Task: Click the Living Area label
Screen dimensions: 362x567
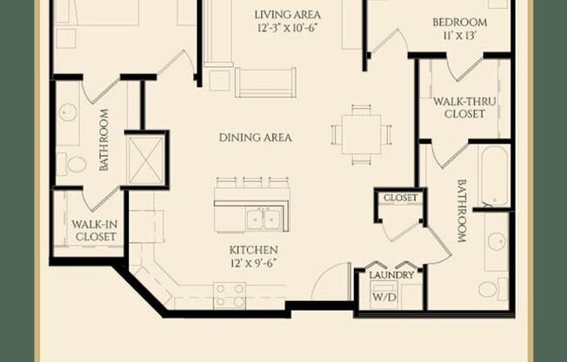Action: pos(287,15)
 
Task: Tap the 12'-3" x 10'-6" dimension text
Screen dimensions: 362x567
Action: pos(287,29)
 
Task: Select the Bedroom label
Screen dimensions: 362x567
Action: pos(460,23)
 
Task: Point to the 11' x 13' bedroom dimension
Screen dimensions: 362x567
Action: pos(460,37)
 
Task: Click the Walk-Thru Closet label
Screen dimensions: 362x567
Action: pos(464,107)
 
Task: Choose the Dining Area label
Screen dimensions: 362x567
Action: pos(255,137)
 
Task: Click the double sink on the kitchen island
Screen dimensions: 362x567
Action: pos(262,218)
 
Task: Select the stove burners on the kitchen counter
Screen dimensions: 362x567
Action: pos(230,295)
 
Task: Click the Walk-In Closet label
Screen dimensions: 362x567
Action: pos(95,230)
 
